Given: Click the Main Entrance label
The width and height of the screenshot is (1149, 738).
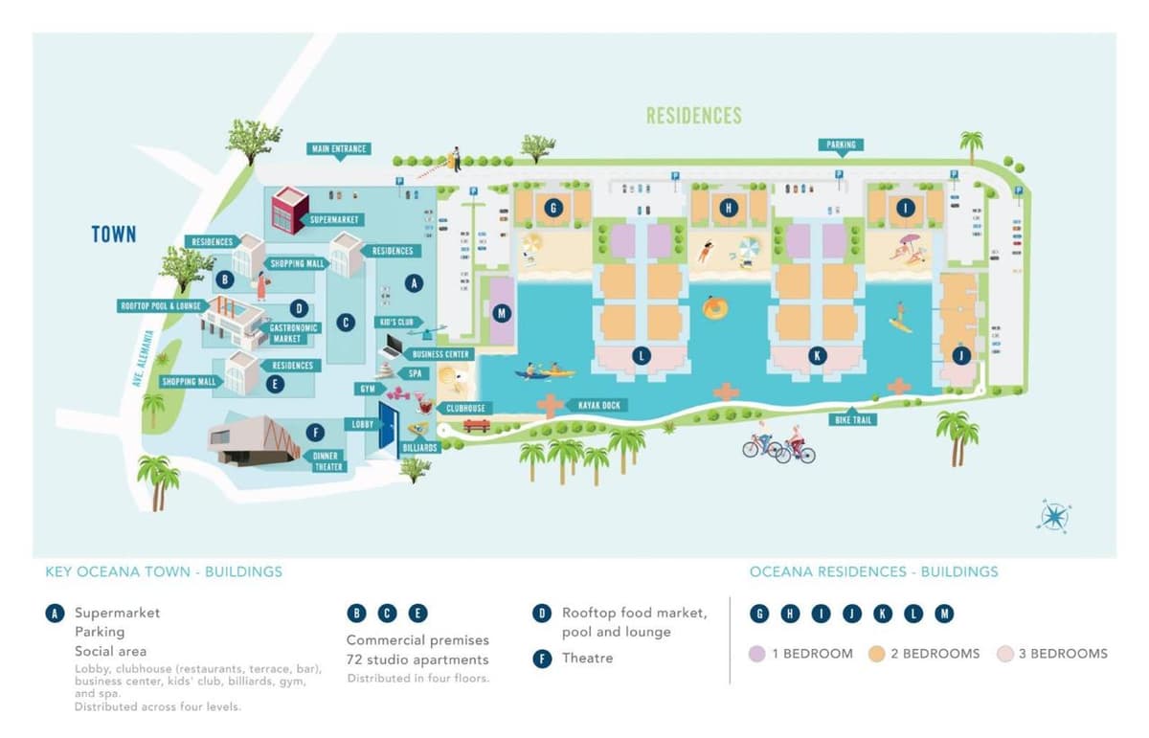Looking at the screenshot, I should point(339,149).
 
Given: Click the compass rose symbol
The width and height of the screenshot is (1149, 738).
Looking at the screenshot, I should point(1053,517).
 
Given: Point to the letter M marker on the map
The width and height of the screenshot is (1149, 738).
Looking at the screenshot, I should point(501,312).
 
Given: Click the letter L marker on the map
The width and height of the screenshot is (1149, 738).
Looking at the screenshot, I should point(641,356).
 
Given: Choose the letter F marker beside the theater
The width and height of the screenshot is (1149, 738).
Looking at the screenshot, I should point(315,433).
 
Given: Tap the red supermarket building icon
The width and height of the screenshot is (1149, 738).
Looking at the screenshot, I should point(288,211).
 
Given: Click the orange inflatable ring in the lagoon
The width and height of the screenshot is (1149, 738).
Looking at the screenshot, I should point(714,308).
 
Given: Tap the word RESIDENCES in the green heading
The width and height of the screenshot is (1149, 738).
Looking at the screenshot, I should point(693,116).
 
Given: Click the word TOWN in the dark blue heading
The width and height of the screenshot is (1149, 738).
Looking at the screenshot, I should point(114,235).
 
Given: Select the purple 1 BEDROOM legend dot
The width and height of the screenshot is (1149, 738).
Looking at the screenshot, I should point(757,654).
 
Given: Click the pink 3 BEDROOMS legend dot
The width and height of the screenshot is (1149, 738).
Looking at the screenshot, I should point(1004,654).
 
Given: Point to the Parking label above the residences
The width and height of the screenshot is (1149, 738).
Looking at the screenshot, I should point(841,145).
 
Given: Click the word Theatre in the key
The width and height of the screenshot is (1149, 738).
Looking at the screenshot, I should point(587,658).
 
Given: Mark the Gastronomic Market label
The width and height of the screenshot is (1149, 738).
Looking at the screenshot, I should point(293,333).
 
